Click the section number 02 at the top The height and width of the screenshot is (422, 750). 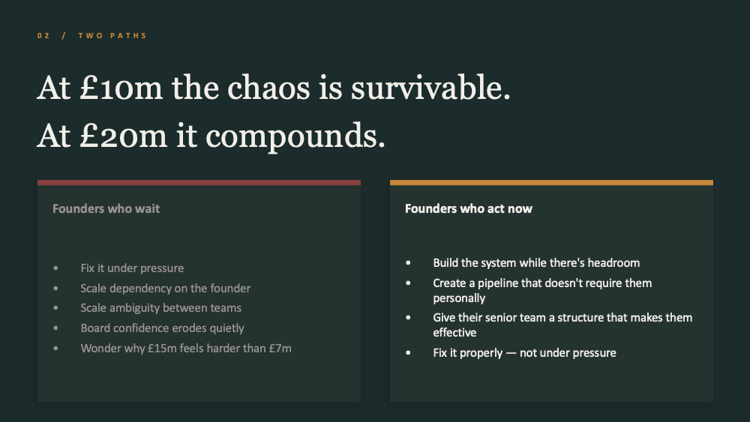pyautogui.click(x=43, y=36)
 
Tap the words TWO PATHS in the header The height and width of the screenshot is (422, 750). pyautogui.click(x=112, y=36)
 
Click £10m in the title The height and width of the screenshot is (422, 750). pyautogui.click(x=121, y=88)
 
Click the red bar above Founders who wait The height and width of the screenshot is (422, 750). pyautogui.click(x=199, y=183)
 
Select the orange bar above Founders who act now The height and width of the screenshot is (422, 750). pyautogui.click(x=551, y=183)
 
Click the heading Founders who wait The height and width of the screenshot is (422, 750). pyautogui.click(x=106, y=209)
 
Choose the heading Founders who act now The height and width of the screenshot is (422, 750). pyautogui.click(x=468, y=209)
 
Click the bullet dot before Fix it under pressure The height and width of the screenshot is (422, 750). pyautogui.click(x=56, y=268)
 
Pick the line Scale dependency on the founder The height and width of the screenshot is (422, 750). pyautogui.click(x=166, y=288)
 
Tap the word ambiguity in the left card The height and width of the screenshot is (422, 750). pyautogui.click(x=139, y=308)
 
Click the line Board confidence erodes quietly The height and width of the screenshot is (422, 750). pyautogui.click(x=162, y=328)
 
